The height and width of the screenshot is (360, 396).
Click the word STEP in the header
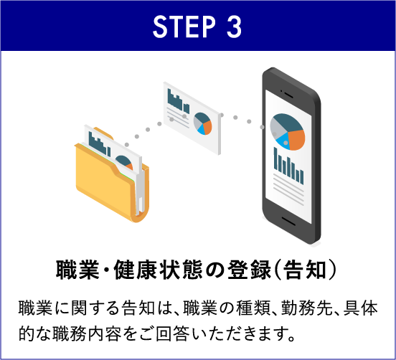click(184, 27)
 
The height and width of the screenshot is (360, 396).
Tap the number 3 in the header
click(234, 27)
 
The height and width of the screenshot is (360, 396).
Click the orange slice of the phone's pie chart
click(296, 140)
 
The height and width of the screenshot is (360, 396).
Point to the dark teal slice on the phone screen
click(288, 122)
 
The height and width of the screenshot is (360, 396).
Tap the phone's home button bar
click(288, 221)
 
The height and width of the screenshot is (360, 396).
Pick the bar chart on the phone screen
click(288, 166)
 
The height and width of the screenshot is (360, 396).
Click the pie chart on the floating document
click(202, 123)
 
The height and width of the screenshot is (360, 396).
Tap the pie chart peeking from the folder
click(124, 162)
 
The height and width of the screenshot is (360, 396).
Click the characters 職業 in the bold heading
click(77, 270)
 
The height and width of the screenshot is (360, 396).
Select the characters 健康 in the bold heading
click(135, 270)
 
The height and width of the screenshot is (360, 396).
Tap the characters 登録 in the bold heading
click(250, 270)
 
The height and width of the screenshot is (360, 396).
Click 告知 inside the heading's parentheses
click(305, 270)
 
